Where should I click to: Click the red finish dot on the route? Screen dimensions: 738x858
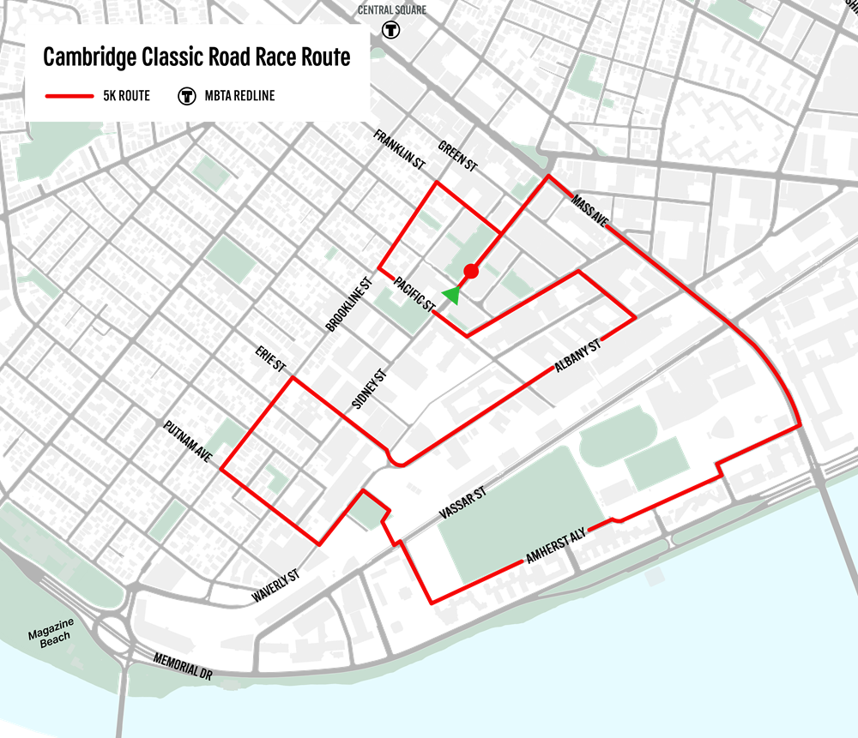(470, 272)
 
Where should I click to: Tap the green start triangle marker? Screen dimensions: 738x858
(450, 295)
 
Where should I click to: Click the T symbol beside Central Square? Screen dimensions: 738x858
(392, 28)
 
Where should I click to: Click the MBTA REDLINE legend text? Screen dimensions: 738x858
(239, 95)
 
